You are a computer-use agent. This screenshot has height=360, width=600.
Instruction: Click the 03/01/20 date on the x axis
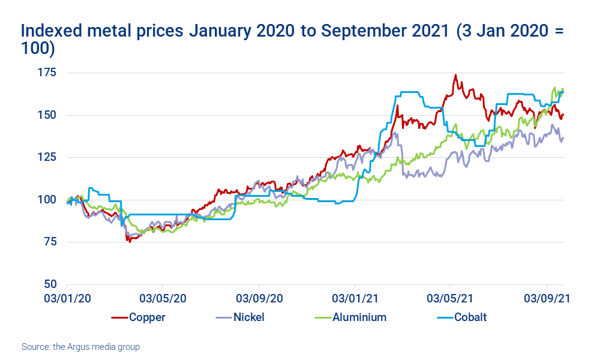pos(67,298)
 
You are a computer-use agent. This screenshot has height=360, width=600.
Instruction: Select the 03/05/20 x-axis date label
pos(163,298)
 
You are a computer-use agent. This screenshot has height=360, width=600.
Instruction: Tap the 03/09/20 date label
pos(259,298)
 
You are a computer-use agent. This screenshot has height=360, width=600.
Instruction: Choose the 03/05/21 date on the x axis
pos(451,298)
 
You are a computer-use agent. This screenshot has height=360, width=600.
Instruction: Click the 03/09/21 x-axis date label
pos(547,298)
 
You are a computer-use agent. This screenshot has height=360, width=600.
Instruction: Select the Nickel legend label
pos(248,317)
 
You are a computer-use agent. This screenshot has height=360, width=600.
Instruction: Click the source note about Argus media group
pos(80,347)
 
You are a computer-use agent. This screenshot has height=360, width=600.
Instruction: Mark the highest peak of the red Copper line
pos(455,75)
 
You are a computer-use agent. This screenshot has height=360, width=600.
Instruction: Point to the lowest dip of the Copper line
pos(129,241)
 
